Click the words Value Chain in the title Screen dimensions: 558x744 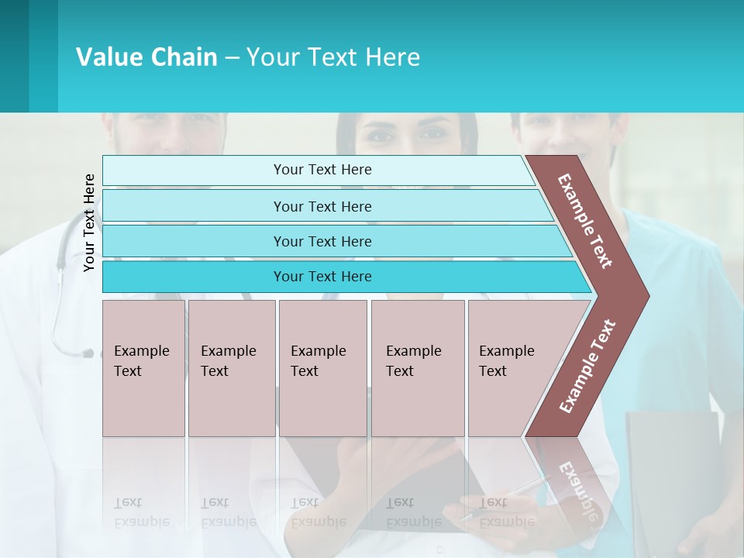pyautogui.click(x=146, y=57)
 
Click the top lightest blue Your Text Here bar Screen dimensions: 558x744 pyautogui.click(x=322, y=170)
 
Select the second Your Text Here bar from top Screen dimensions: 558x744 pyautogui.click(x=322, y=206)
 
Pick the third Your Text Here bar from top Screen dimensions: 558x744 pyautogui.click(x=322, y=241)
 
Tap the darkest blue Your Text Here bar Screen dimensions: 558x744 pyautogui.click(x=322, y=277)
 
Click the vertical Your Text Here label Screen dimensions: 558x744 pyautogui.click(x=89, y=222)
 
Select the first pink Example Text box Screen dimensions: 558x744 pyautogui.click(x=143, y=368)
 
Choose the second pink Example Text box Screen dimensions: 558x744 pyautogui.click(x=231, y=368)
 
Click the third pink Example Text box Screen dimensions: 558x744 pyautogui.click(x=322, y=368)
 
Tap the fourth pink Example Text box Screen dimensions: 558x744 pyautogui.click(x=417, y=368)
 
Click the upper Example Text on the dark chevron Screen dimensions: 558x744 pyautogui.click(x=585, y=221)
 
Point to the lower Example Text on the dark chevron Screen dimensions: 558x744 pyautogui.click(x=587, y=366)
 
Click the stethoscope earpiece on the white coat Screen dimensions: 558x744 pyautogui.click(x=88, y=353)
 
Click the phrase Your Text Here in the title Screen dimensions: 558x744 pyautogui.click(x=333, y=57)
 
